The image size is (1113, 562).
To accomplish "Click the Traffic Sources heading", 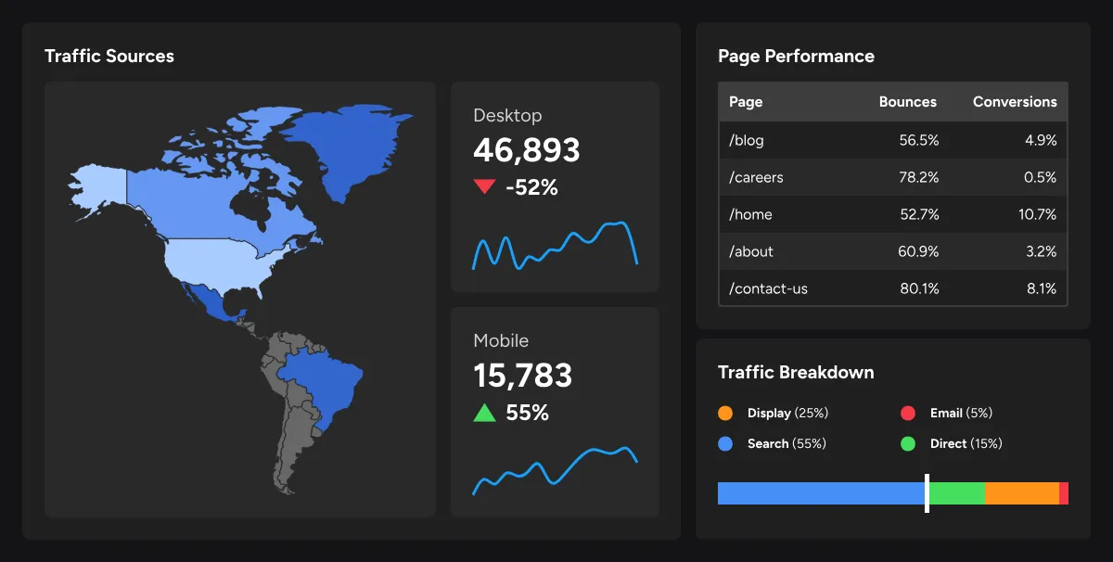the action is tap(109, 57).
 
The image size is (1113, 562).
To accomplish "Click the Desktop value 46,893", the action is tap(526, 150).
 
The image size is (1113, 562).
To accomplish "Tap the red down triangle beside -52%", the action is tap(484, 185).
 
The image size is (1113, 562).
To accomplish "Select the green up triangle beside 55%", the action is tap(484, 413).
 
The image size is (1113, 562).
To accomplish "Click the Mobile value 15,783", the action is tap(523, 376).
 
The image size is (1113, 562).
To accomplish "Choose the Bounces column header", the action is tap(907, 102).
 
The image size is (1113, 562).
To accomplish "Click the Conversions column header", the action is tap(1015, 102).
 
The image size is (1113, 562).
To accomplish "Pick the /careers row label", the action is tap(756, 177).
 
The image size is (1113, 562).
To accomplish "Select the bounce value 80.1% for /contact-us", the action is tap(919, 288).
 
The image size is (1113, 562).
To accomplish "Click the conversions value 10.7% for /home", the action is tap(1037, 214).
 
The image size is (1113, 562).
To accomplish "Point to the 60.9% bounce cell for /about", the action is tap(918, 251).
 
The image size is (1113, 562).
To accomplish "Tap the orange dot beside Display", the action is tap(725, 413).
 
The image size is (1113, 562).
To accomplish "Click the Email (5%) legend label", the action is tap(961, 413).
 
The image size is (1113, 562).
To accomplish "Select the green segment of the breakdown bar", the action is tap(957, 493).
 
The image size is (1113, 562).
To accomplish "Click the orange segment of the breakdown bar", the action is tap(1022, 493).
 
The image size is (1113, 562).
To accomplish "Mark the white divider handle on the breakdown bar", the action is tap(927, 493).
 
